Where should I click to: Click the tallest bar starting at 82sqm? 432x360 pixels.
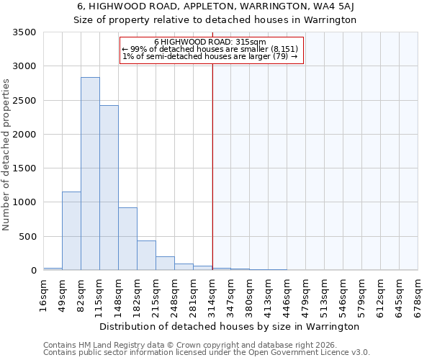[x=90, y=174]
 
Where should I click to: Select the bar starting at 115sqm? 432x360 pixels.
[x=109, y=188]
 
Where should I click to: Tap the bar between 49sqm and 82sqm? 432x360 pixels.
[x=71, y=231]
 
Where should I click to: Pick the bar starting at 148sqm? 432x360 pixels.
[x=127, y=239]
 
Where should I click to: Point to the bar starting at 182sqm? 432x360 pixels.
[x=146, y=256]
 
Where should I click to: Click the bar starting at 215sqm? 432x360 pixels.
[x=165, y=264]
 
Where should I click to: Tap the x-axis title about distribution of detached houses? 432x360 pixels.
[x=229, y=326]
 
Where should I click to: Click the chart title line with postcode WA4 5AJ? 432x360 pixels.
[x=215, y=6]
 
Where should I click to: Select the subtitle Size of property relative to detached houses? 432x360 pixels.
[x=215, y=20]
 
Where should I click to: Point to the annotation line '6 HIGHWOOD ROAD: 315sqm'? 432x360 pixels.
[x=210, y=42]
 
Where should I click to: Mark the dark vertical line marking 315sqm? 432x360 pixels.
[x=212, y=166]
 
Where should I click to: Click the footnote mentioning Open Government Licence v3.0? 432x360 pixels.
[x=207, y=353]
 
